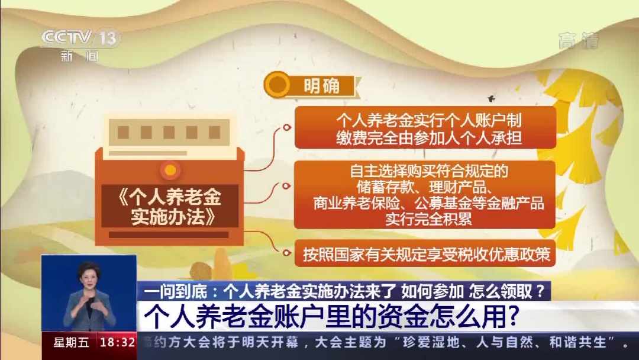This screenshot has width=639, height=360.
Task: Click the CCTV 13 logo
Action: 80,38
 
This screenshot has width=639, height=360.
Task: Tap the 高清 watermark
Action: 579,41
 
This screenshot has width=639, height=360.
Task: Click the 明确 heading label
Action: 321,86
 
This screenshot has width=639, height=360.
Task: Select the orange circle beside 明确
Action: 277,85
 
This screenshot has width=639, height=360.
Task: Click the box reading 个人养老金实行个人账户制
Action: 425,128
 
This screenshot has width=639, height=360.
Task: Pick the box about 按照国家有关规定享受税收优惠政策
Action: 425,253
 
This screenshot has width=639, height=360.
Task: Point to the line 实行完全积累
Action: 428,219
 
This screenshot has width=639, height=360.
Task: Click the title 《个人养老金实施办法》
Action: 170,207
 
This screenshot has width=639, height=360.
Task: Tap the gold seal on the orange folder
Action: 170,170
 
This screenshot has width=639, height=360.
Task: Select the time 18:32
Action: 117,342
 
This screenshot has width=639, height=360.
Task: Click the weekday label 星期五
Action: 72,342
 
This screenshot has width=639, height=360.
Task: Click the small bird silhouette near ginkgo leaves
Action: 492,98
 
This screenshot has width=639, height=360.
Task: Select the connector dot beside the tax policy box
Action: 287,253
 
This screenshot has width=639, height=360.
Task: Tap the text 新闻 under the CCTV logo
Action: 80,56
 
